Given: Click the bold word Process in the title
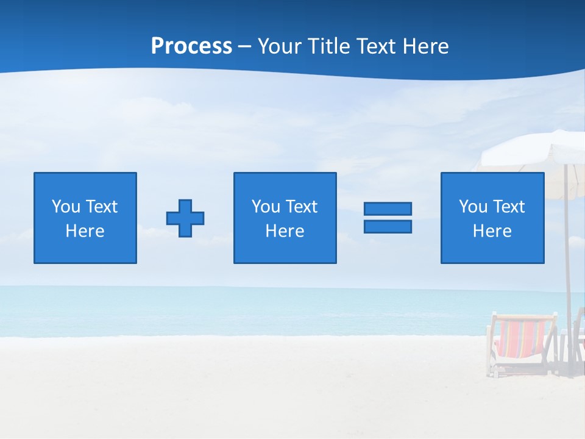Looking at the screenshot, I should [191, 46].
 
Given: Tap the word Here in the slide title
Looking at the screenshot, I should [426, 46].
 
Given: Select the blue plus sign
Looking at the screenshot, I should [185, 218].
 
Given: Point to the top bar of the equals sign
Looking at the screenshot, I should [388, 209].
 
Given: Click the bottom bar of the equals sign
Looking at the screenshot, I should [388, 226].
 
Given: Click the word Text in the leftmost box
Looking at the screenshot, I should [101, 207].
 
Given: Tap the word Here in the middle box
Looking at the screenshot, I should [285, 231].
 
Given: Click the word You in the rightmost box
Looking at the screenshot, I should [473, 207].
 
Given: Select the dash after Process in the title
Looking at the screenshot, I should [245, 47].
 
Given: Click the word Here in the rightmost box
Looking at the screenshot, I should [492, 231].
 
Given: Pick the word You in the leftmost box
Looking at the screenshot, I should [66, 207].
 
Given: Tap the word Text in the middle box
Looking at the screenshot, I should [301, 207].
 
